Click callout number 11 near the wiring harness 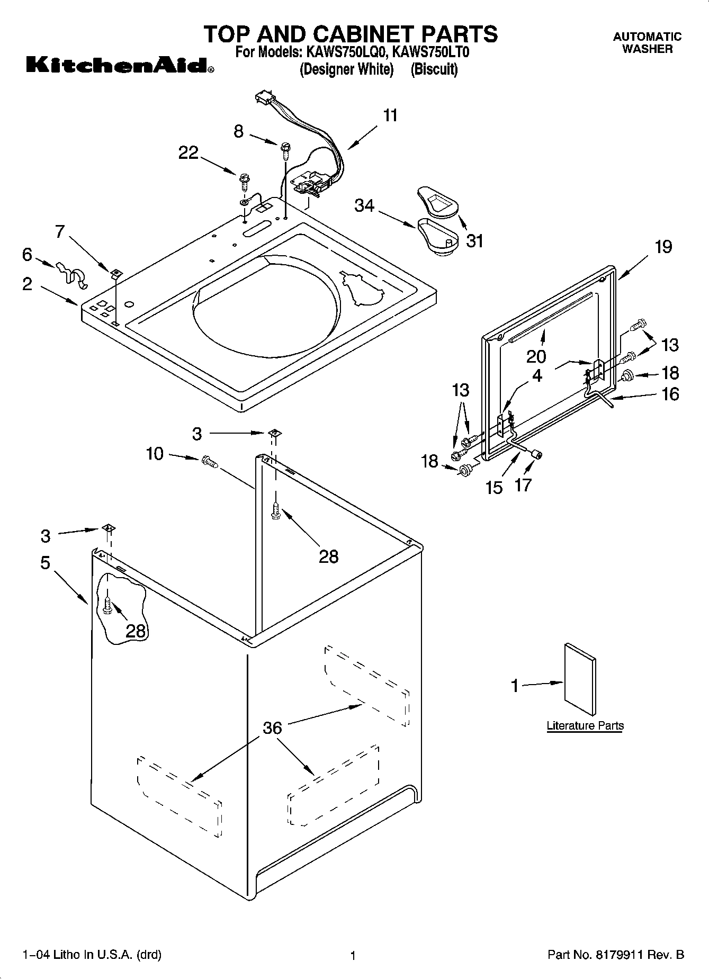tap(390, 115)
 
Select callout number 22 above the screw tap(188, 153)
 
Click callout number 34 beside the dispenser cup tap(364, 205)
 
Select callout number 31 tap(475, 241)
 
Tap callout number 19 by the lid tap(663, 247)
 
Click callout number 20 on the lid tap(536, 356)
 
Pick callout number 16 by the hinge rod tap(670, 394)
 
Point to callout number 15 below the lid tap(493, 487)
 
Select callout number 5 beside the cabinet tap(46, 562)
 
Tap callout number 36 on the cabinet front tap(272, 728)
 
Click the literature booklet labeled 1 tap(580, 678)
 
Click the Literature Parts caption tap(585, 725)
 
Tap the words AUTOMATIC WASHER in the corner tap(647, 43)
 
